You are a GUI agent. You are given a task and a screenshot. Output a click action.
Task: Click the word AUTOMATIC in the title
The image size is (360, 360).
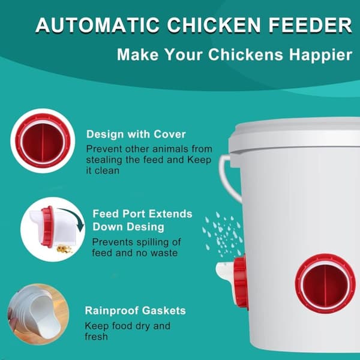(98, 25)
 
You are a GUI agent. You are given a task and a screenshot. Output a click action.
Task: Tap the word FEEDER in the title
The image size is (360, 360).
(310, 25)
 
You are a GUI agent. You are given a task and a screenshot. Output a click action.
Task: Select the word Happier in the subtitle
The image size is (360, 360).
(320, 55)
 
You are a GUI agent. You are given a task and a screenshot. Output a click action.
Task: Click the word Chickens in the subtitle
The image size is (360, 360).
(245, 55)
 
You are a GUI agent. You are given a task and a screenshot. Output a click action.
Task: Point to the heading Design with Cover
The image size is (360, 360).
(136, 134)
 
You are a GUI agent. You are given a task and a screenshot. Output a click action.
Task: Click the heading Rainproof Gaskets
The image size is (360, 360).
(135, 311)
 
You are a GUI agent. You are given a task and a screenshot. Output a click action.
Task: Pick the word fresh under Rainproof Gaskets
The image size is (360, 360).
(96, 337)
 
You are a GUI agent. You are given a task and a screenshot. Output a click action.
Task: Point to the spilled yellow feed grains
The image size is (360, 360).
(64, 249)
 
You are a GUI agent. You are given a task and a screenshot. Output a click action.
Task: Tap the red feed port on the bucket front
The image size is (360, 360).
(325, 284)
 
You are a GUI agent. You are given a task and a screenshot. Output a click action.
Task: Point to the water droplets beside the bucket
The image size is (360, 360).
(222, 234)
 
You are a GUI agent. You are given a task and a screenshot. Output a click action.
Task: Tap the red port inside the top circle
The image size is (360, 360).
(43, 141)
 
